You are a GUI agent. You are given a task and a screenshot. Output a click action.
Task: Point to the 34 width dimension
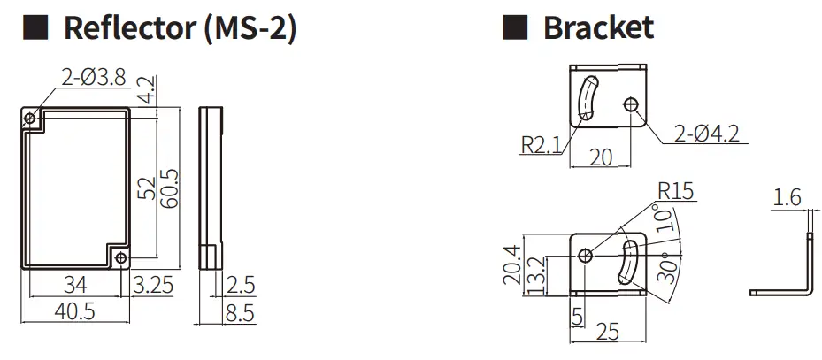75,285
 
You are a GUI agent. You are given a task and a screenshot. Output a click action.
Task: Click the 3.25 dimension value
154,285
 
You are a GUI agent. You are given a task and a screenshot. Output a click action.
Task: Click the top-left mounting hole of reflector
30,118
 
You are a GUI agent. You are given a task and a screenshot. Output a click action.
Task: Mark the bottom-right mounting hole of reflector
120,257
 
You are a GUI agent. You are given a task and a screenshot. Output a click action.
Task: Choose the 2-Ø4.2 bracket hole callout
705,134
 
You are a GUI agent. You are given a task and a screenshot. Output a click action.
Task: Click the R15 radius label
677,191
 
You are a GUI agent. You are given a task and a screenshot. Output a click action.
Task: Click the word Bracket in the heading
598,27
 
